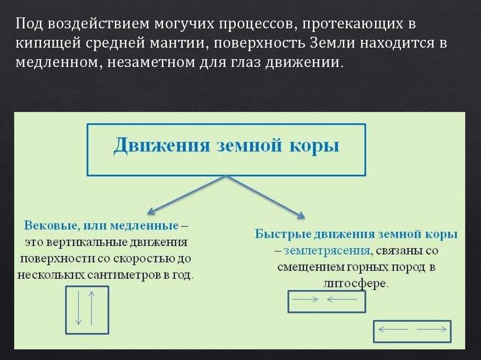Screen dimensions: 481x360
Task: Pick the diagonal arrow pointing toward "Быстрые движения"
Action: click(266, 197)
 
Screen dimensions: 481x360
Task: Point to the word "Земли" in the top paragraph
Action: click(332, 43)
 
